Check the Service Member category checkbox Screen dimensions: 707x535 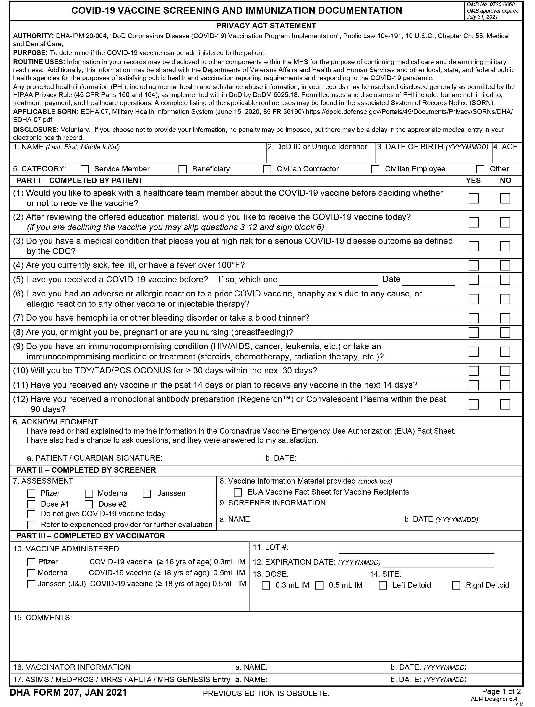pyautogui.click(x=85, y=169)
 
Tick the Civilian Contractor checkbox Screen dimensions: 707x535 pyautogui.click(x=267, y=169)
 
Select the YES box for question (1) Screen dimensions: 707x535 pyautogui.click(x=473, y=199)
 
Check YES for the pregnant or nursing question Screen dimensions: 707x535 pyautogui.click(x=473, y=333)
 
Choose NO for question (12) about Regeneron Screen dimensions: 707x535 pyautogui.click(x=505, y=404)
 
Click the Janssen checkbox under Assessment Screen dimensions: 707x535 pyautogui.click(x=147, y=494)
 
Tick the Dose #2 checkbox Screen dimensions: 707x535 pyautogui.click(x=89, y=504)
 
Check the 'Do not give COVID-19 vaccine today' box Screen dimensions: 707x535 pyautogui.click(x=31, y=514)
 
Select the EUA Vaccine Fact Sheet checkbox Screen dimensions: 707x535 pyautogui.click(x=238, y=492)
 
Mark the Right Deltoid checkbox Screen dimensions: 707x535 pyautogui.click(x=456, y=586)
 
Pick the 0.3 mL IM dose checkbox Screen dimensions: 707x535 pyautogui.click(x=266, y=586)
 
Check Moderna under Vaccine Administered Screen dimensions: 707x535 pyautogui.click(x=31, y=573)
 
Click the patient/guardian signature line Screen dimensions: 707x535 pyautogui.click(x=213, y=459)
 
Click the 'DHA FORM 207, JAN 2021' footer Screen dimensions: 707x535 pyautogui.click(x=68, y=693)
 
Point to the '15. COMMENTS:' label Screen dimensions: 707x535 pyautogui.click(x=42, y=618)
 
